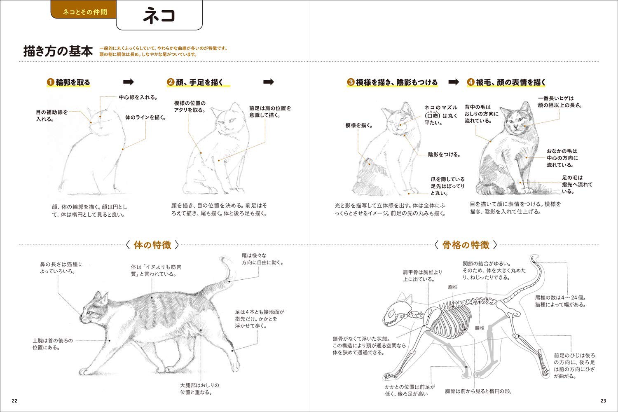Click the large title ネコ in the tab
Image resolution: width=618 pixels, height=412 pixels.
click(159, 16)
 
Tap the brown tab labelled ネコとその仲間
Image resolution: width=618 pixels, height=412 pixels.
click(84, 10)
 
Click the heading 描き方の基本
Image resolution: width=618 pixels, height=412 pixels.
click(58, 51)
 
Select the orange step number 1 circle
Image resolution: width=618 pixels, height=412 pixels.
click(50, 82)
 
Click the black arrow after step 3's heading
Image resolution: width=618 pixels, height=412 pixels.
click(454, 82)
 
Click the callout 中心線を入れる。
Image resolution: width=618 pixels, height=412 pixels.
click(138, 97)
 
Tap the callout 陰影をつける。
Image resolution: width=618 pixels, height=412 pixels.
click(444, 154)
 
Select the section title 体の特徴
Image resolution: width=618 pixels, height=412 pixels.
click(152, 245)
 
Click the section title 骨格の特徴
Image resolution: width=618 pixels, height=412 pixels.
click(466, 245)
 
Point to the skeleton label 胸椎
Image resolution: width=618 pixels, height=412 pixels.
click(453, 287)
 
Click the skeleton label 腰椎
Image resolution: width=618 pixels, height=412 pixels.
click(480, 328)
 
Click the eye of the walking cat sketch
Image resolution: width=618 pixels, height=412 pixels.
click(90, 313)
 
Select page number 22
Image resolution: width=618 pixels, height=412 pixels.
click(14, 401)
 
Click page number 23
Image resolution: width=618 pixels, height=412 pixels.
click(604, 401)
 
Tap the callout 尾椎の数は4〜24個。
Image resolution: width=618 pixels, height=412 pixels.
click(560, 298)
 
